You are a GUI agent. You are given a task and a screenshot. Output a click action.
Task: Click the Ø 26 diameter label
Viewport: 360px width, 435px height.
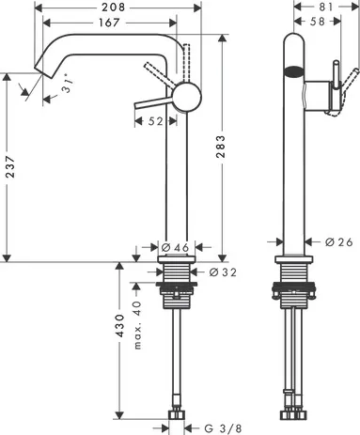[x=337, y=241]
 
